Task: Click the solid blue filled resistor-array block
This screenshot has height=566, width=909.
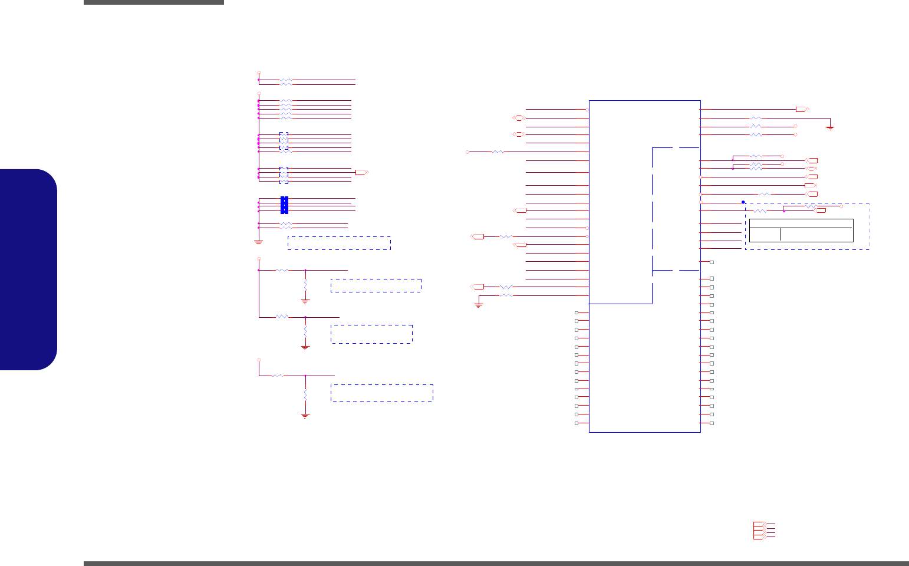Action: [x=284, y=205]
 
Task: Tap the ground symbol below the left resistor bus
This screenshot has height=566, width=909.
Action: [x=258, y=242]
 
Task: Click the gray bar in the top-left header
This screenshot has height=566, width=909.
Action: [x=154, y=2]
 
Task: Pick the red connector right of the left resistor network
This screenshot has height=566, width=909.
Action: [x=361, y=172]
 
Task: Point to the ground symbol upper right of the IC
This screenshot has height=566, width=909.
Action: [x=830, y=127]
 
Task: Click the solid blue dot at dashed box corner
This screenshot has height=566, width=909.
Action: [x=743, y=202]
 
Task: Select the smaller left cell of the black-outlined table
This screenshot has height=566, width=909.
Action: [x=764, y=234]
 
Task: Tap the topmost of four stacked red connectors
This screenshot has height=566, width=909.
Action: [x=759, y=524]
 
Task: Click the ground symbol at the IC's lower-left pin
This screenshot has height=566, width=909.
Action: [x=479, y=305]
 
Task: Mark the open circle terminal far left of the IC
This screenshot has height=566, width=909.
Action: [x=467, y=152]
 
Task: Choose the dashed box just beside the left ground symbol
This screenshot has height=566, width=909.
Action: [x=339, y=243]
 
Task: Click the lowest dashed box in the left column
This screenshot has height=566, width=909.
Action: [x=382, y=393]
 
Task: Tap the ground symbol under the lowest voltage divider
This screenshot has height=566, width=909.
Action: [x=305, y=415]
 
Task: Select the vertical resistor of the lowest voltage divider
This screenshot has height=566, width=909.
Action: [x=305, y=394]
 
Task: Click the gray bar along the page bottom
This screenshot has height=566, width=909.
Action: [x=496, y=564]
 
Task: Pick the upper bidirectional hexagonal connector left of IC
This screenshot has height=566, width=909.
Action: [x=519, y=119]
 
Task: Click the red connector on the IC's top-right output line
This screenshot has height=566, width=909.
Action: [x=802, y=109]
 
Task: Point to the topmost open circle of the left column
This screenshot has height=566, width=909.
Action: [x=259, y=73]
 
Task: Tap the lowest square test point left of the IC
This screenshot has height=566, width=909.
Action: [x=577, y=423]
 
